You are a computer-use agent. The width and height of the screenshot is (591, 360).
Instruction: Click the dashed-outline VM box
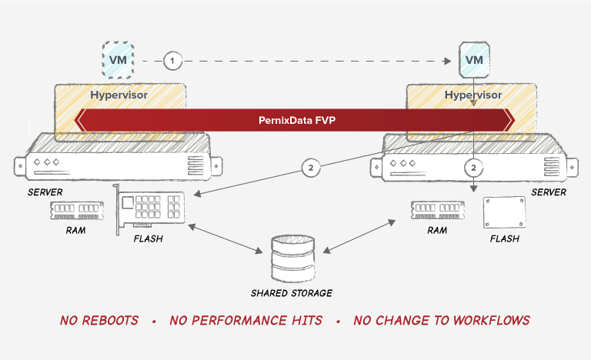[119, 60]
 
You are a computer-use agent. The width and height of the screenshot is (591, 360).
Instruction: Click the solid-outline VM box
[474, 60]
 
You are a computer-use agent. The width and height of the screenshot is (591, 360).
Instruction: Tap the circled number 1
[172, 61]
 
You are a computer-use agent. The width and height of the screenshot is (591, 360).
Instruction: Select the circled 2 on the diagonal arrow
[311, 168]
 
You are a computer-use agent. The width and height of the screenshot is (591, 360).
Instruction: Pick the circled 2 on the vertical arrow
[474, 168]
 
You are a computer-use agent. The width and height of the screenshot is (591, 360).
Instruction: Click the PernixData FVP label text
[297, 120]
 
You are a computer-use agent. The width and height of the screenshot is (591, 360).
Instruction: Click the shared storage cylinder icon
[293, 258]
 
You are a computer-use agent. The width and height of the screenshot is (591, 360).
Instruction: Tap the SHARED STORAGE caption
[292, 293]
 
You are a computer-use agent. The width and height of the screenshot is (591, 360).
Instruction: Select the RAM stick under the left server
[77, 210]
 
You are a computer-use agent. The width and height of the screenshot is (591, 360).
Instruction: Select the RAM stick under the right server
[438, 210]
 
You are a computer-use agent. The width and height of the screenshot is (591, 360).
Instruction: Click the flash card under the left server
[149, 208]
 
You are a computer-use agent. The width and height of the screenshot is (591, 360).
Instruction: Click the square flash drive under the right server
[504, 212]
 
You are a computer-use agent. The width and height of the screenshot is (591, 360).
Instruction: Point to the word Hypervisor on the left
[119, 95]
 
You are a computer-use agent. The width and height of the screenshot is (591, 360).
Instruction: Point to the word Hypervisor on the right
[473, 95]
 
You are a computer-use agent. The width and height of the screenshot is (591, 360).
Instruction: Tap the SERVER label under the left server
[45, 192]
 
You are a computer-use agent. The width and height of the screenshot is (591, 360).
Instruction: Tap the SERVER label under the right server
[549, 192]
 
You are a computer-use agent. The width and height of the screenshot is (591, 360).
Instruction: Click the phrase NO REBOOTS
[99, 321]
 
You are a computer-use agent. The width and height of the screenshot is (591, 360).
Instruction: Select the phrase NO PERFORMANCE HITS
[245, 321]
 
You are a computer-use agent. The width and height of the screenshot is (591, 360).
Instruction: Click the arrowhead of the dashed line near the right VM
[447, 61]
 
